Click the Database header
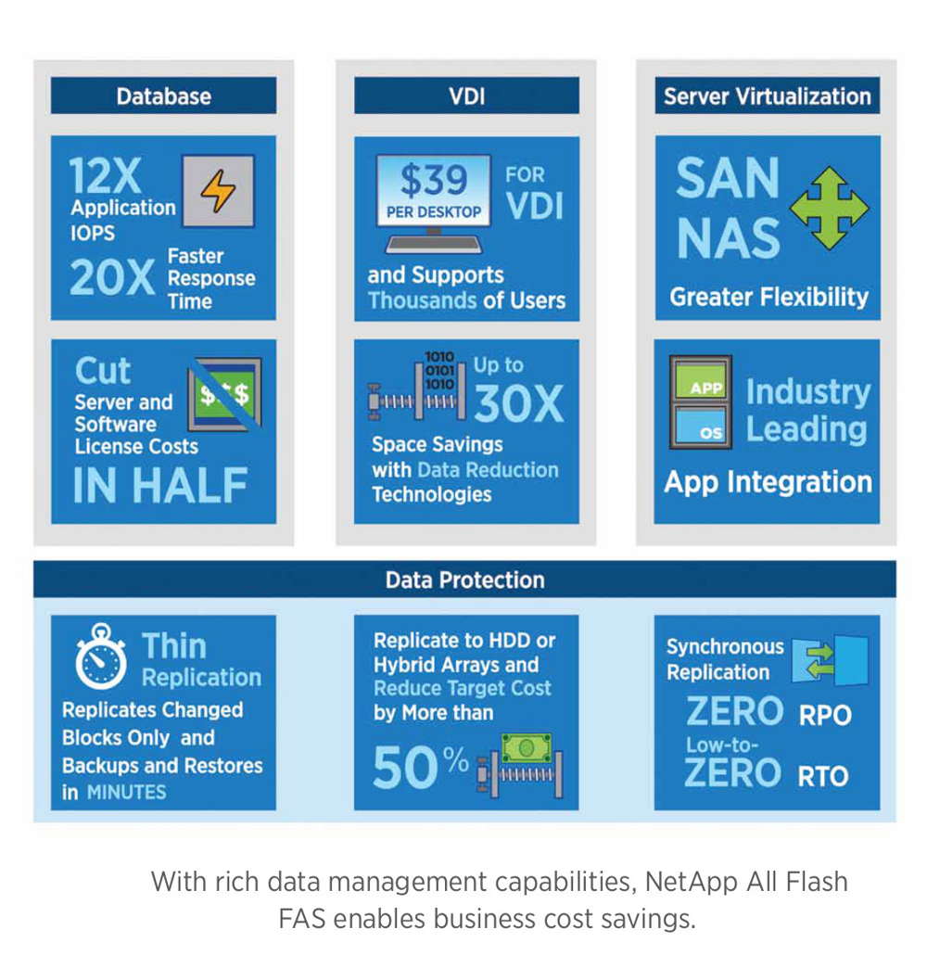coord(163,95)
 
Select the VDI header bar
coord(466,95)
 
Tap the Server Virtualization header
coord(768,95)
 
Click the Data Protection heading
coord(464,579)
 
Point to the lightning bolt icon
coord(218,191)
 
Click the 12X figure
coord(105,176)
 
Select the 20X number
coord(112,277)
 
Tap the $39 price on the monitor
coord(434,180)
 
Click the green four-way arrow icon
coord(829,209)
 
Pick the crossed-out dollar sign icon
coord(224,395)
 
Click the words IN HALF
coord(160,486)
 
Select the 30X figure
coord(519,403)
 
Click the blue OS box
coord(702,426)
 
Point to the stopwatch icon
coord(100,656)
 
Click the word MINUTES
coord(126,792)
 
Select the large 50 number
coord(405,768)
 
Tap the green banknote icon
coord(527,747)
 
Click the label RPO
coord(825,715)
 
